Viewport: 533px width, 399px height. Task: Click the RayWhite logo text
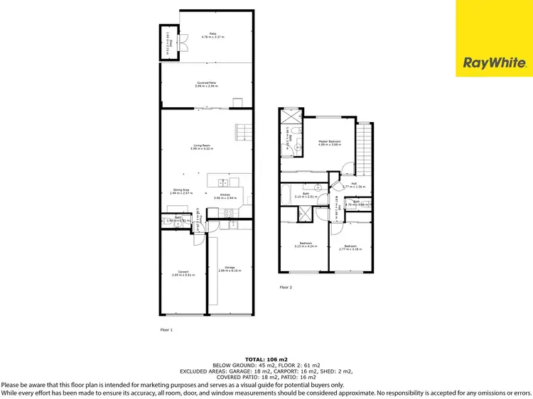coord(495,63)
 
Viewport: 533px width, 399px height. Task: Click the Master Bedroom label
coord(330,141)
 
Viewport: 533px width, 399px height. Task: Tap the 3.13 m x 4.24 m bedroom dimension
coord(306,247)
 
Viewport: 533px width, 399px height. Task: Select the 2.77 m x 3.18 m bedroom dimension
coord(351,249)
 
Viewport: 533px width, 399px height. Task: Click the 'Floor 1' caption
coord(166,329)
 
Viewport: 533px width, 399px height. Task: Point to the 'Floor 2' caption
coord(286,287)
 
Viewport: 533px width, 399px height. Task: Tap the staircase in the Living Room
coord(244,132)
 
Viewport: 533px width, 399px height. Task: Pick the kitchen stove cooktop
coord(229,213)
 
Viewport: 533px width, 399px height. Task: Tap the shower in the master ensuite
coord(291,117)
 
